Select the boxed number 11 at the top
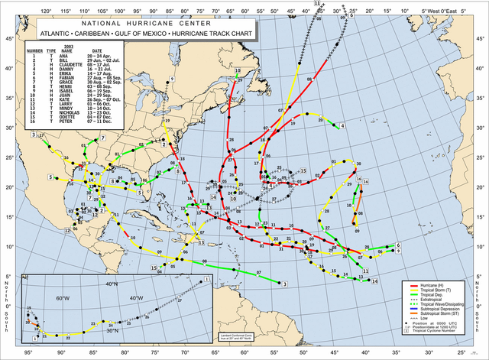(316, 5)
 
